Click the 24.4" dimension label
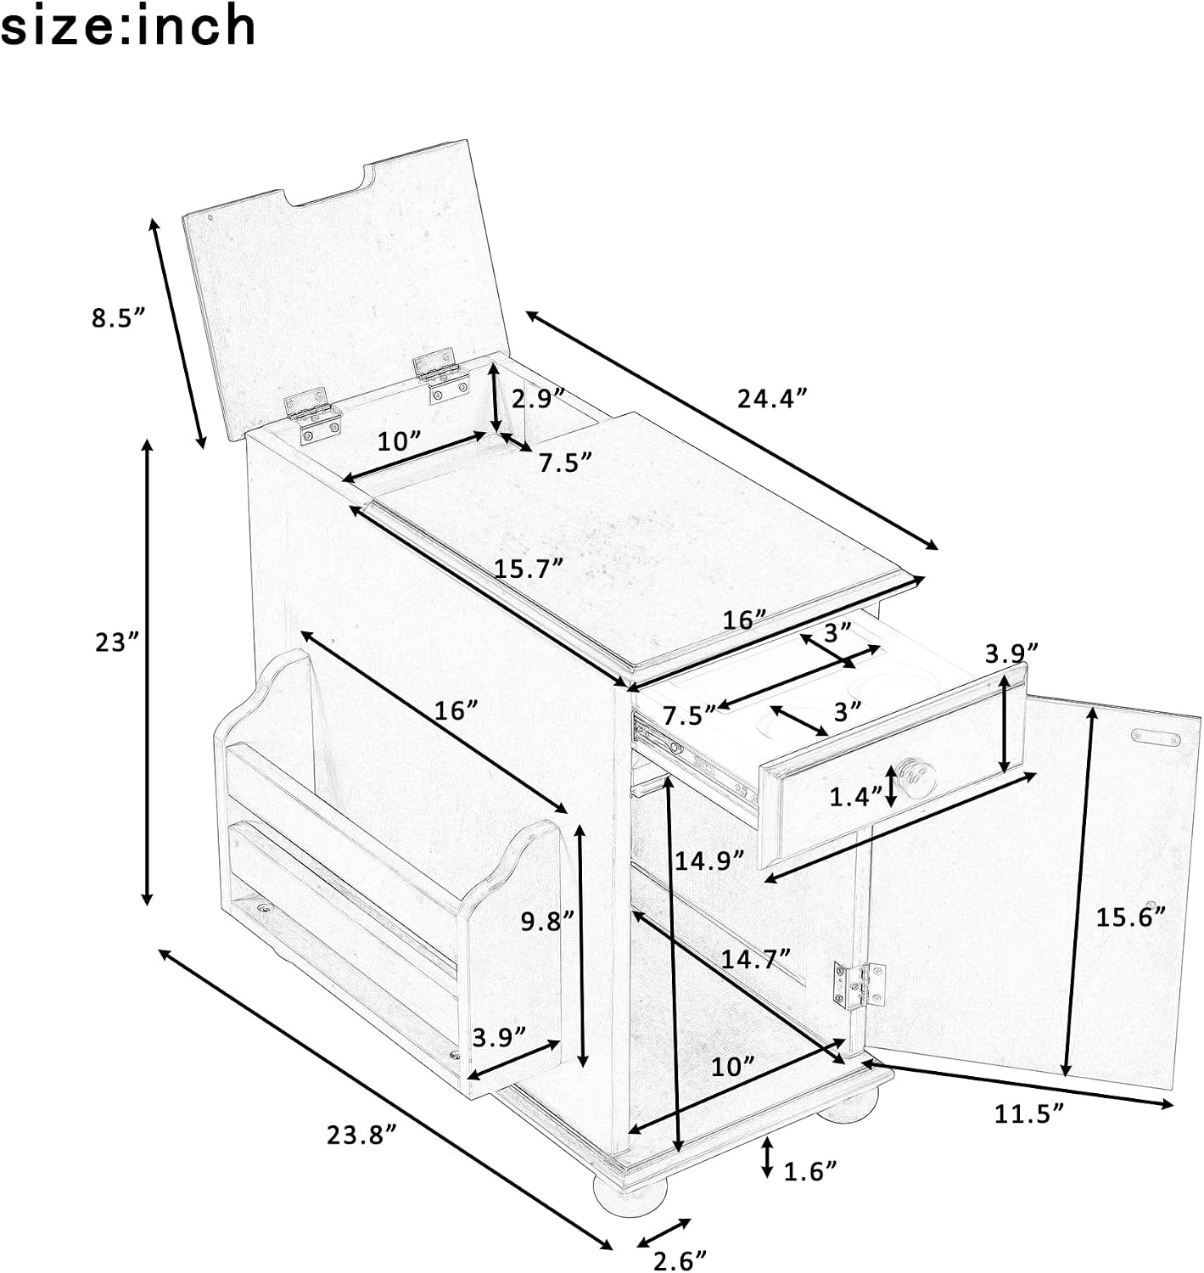click(773, 399)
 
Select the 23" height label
click(117, 642)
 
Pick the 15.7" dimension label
click(529, 569)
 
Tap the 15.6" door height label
click(1130, 917)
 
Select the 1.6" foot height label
click(810, 1170)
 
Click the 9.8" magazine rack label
click(547, 921)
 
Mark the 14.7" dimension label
click(755, 959)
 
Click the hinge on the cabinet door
click(859, 984)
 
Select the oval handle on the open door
click(1156, 737)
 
